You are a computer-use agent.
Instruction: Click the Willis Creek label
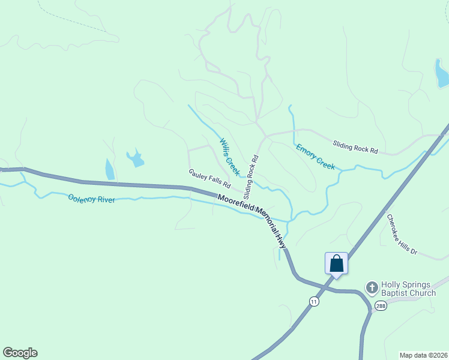pos(229,157)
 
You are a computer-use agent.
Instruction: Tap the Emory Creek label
pos(315,156)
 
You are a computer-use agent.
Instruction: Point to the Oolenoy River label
pos(91,199)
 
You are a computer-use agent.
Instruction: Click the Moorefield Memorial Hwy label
pos(252,220)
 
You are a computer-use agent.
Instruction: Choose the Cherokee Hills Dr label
pos(402,235)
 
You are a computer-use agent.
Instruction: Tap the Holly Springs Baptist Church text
pos(409,289)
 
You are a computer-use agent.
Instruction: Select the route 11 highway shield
pos(314,301)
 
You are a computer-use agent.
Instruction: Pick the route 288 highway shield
pos(381,306)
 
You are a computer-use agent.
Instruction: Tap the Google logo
pos(20,353)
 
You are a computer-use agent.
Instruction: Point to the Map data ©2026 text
pos(423,355)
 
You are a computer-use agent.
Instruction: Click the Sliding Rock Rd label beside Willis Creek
pos(251,178)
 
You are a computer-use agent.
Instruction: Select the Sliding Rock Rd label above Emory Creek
pos(355,146)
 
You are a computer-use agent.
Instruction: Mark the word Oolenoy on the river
pos(80,197)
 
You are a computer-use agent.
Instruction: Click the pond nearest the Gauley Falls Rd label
pos(135,158)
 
